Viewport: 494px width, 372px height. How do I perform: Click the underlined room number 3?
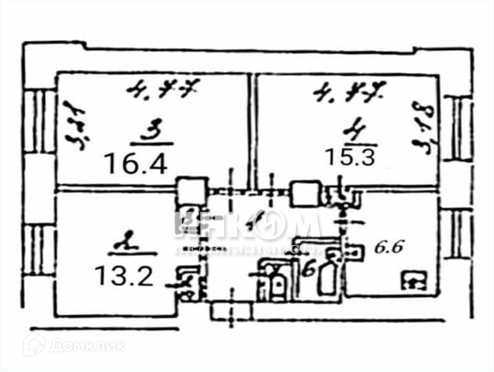tap(149, 131)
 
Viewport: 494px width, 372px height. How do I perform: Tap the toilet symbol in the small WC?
tap(275, 283)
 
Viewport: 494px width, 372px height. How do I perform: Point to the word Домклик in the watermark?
tap(86, 345)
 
